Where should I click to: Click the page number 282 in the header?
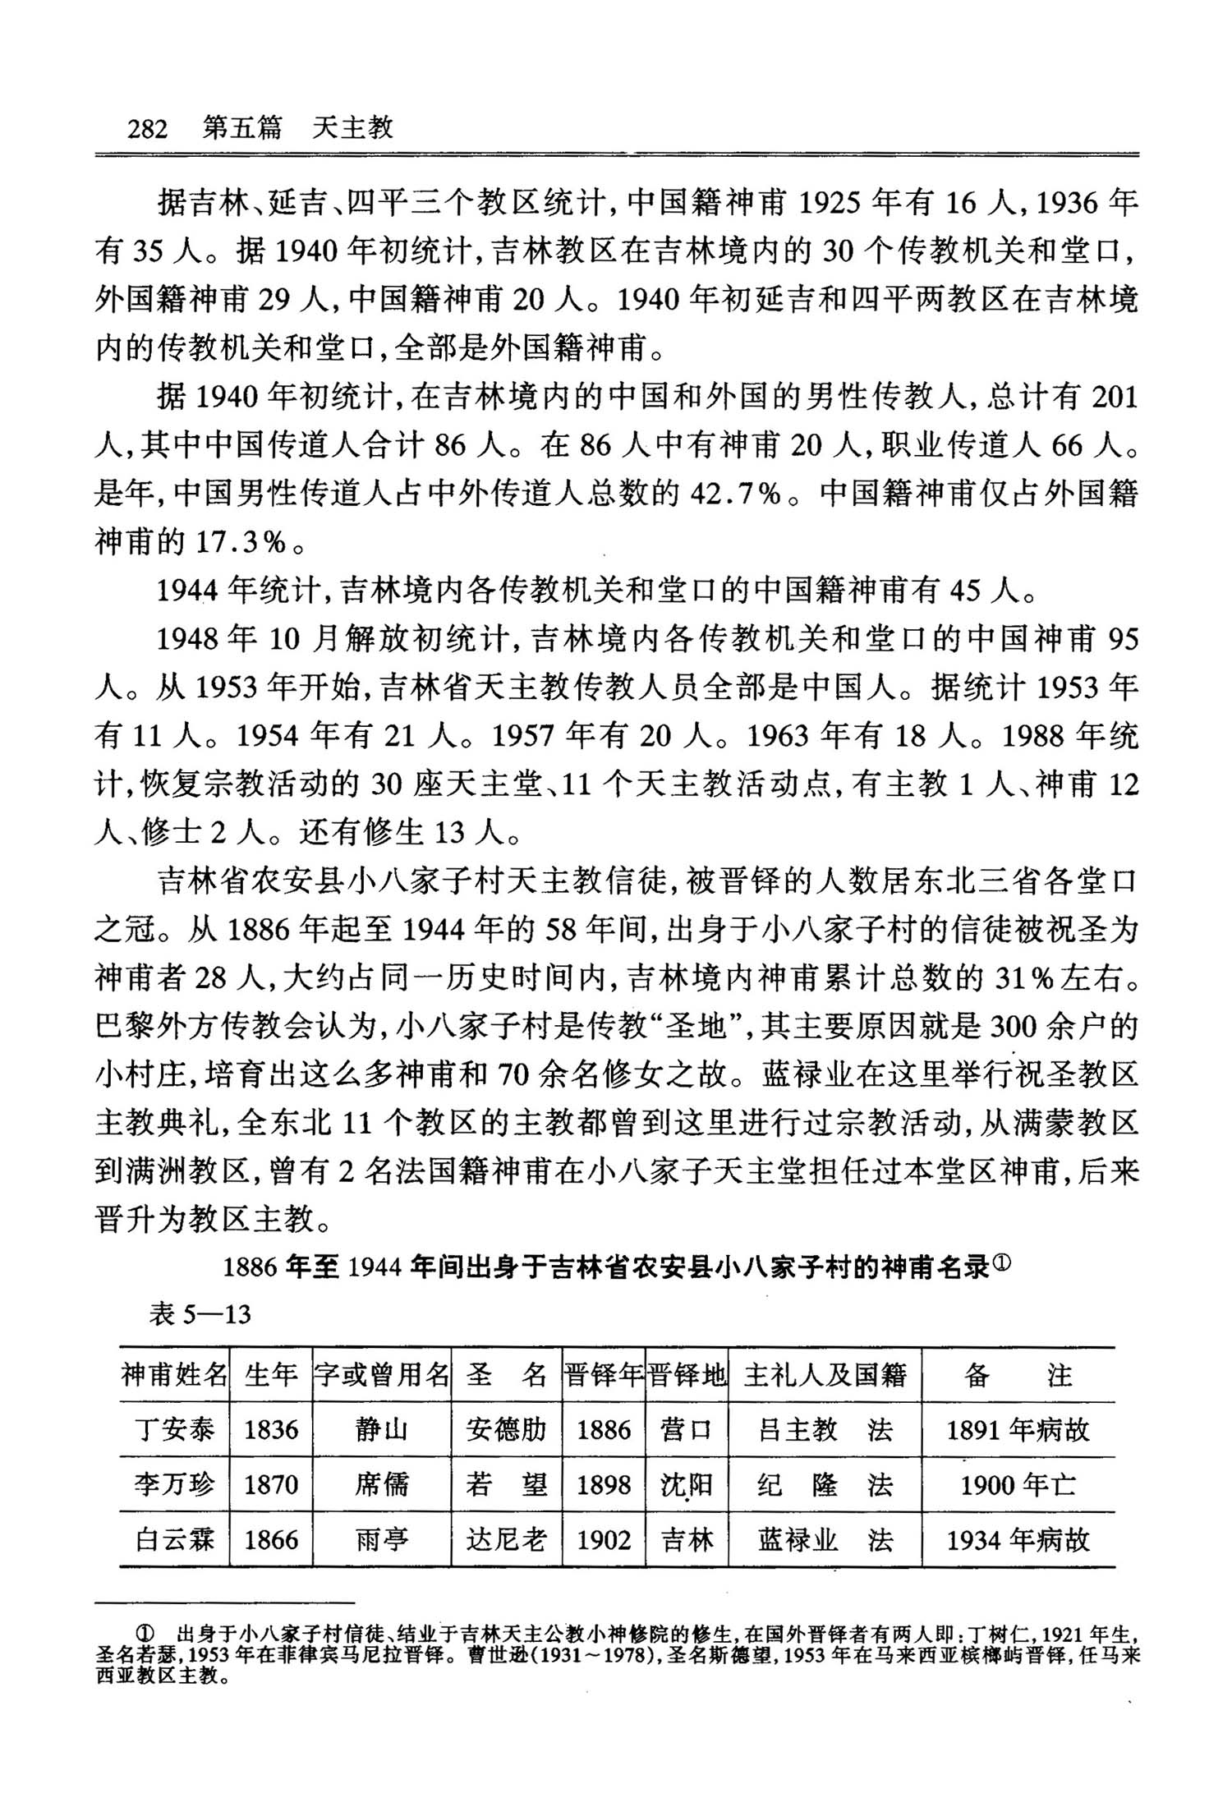148,129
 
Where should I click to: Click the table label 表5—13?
200,1314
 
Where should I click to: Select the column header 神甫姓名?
173,1374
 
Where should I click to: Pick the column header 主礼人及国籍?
825,1374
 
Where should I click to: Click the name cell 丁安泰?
173,1430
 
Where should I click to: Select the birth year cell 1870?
271,1484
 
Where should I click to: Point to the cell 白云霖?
173,1538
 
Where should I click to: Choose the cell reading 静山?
381,1430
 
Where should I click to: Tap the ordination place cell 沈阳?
687,1484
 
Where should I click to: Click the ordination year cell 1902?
604,1538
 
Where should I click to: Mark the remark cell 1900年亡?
1018,1484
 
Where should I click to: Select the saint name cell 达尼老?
506,1538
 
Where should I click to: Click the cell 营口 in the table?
687,1430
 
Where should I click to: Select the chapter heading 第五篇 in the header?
241,128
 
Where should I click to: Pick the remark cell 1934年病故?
1018,1538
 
